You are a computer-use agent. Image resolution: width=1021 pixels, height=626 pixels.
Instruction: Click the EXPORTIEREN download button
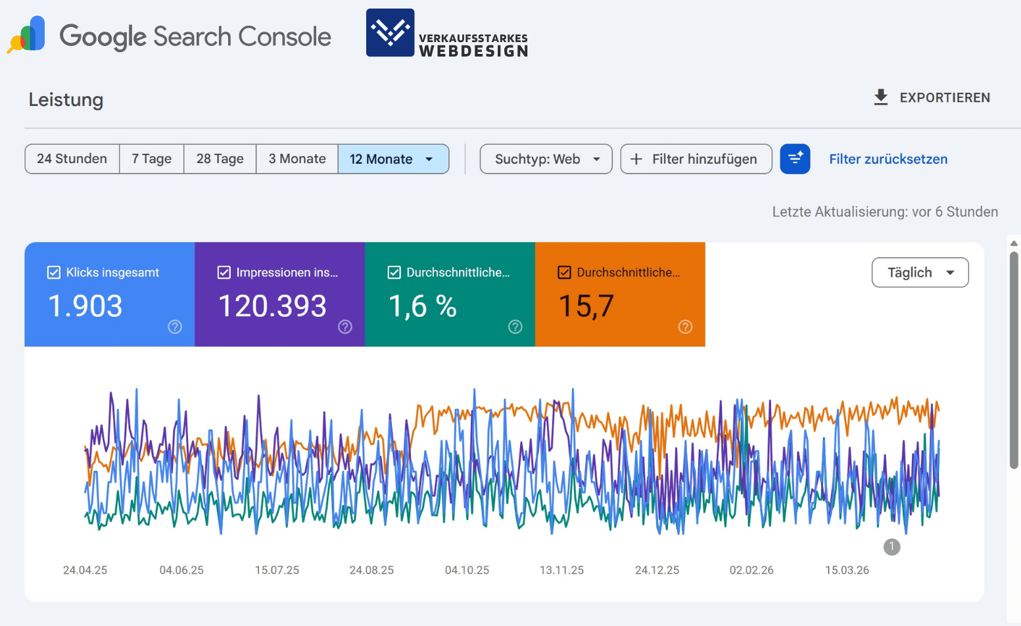click(x=932, y=97)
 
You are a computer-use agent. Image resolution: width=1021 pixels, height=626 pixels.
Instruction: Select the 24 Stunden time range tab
click(x=72, y=159)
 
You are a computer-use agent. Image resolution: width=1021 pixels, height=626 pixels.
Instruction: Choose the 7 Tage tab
click(x=151, y=159)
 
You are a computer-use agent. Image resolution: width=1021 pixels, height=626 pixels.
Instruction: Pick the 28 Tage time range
click(x=220, y=159)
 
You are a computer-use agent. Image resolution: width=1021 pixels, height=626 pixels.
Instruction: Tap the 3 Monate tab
click(x=297, y=159)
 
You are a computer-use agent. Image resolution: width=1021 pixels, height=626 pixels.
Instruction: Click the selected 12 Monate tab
click(x=392, y=159)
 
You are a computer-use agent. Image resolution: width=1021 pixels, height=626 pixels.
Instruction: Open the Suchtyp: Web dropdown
click(x=546, y=159)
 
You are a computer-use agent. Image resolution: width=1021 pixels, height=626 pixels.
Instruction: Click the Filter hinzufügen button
click(x=696, y=159)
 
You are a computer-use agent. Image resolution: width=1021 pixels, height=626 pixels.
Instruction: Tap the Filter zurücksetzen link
click(x=888, y=159)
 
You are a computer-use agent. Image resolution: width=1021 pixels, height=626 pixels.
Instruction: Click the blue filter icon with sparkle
click(x=795, y=159)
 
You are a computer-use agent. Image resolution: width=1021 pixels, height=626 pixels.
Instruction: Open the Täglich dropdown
click(x=919, y=272)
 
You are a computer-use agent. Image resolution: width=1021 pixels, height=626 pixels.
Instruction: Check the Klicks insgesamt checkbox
click(x=54, y=272)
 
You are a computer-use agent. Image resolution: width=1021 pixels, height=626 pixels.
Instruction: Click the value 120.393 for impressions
click(x=272, y=306)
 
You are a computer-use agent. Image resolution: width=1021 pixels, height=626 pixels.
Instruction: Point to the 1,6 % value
click(x=422, y=306)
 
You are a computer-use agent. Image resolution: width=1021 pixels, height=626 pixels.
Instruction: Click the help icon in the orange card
click(x=685, y=327)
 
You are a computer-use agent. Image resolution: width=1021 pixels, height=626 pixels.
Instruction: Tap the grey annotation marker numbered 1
click(x=891, y=546)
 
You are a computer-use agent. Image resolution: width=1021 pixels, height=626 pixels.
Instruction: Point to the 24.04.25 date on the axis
click(x=85, y=570)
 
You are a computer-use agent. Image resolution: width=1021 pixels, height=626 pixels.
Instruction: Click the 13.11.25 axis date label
click(x=561, y=570)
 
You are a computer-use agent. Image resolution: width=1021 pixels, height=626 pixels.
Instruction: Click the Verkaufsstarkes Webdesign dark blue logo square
click(x=390, y=32)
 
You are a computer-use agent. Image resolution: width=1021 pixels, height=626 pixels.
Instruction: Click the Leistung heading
click(x=66, y=100)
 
